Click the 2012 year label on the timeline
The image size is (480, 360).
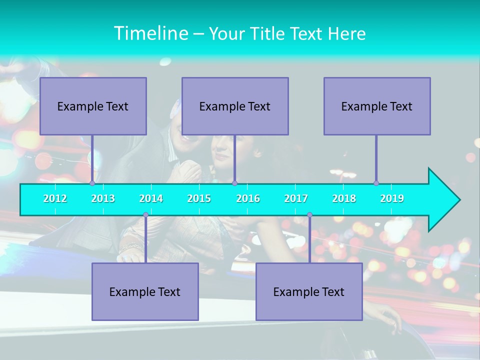click(x=55, y=199)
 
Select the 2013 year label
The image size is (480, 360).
click(x=103, y=199)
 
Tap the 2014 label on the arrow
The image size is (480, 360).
click(x=151, y=199)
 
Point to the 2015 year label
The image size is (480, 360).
click(x=199, y=199)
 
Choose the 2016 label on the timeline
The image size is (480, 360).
click(x=248, y=199)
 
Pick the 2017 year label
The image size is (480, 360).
click(x=296, y=199)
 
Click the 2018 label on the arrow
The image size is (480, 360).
click(x=344, y=199)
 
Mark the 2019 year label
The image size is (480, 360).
click(x=392, y=199)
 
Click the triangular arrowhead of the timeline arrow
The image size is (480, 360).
click(x=443, y=200)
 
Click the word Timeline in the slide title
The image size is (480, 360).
click(x=150, y=33)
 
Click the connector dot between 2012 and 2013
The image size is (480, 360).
click(x=92, y=183)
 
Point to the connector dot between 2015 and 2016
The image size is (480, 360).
click(x=234, y=183)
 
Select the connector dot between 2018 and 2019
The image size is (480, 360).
click(x=376, y=183)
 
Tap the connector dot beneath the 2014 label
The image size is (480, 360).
click(x=145, y=215)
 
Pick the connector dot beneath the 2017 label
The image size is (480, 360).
click(x=309, y=215)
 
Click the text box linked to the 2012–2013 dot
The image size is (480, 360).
click(x=93, y=106)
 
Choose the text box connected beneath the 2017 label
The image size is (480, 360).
click(x=309, y=291)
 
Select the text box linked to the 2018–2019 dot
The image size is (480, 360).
click(x=377, y=106)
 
